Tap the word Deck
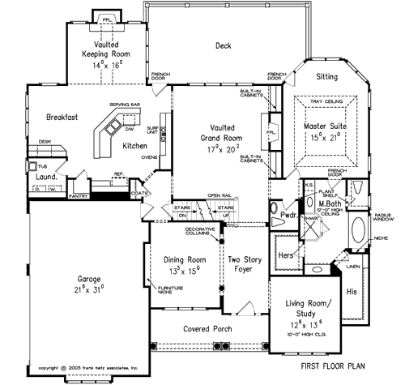pos(224,45)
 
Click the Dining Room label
pos(182,261)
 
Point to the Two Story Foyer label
pos(245,266)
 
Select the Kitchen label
pos(135,146)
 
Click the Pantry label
pos(79,195)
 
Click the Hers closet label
pos(286,255)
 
